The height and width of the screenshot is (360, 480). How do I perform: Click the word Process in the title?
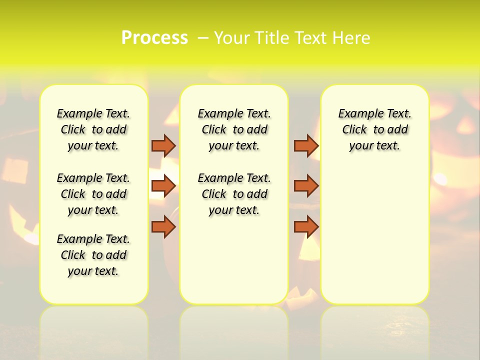pos(154,37)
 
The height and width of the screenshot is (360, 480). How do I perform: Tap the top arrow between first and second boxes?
pos(163,145)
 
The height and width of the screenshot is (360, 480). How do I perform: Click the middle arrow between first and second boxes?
pos(163,186)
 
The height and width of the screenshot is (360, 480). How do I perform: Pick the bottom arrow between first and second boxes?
pos(163,226)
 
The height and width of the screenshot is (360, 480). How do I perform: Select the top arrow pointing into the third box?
pos(306,145)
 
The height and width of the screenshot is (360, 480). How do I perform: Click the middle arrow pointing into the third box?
pos(306,186)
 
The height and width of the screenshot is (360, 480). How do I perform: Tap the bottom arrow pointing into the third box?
pos(306,226)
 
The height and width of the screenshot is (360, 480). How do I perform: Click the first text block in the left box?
pos(93,129)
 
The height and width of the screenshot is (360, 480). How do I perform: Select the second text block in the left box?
pos(93,194)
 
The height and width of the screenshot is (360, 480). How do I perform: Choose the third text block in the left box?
pos(93,255)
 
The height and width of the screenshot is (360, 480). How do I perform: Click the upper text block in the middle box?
pos(234,129)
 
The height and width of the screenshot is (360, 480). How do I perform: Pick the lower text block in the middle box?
pos(234,194)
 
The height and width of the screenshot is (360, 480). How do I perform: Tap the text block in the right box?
pos(374,129)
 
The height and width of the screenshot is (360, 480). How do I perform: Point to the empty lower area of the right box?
pos(374,235)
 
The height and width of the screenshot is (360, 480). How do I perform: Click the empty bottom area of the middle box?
pos(234,260)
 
